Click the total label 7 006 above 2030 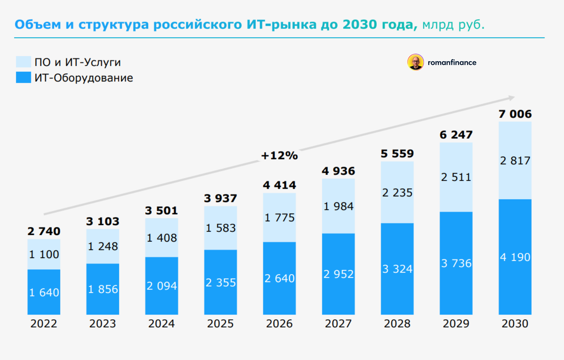coord(515,114)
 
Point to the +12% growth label coord(280,156)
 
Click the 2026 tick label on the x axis coord(280,324)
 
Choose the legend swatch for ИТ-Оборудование coord(23,78)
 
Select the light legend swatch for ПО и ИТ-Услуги coord(23,62)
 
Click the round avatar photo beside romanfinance coord(415,62)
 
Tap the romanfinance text coord(452,62)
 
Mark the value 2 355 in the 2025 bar coord(221,282)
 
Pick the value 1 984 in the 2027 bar coord(338,206)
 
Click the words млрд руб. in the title coord(454,24)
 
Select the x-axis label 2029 coord(456,324)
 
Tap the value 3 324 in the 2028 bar coord(397,269)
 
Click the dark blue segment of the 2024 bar coord(162,286)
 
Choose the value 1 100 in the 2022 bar coord(44,254)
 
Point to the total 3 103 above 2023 coord(102,221)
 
